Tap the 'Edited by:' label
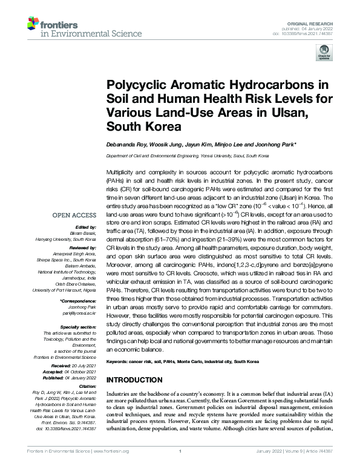[x=83, y=226]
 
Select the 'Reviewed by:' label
[x=79, y=247]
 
